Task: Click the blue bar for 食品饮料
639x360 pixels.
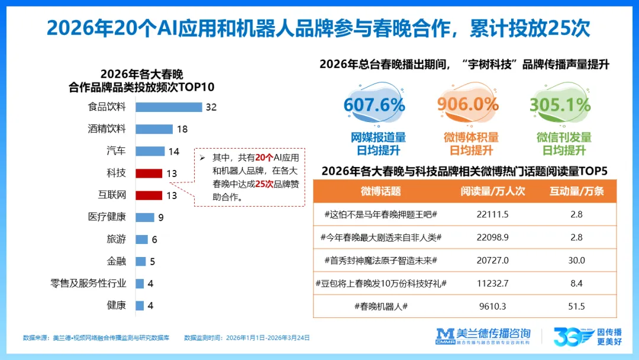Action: (169, 107)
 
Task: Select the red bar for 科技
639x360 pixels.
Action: (149, 173)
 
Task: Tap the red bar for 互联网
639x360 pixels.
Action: (149, 195)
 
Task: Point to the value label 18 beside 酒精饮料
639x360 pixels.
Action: (182, 129)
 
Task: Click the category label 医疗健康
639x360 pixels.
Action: (106, 217)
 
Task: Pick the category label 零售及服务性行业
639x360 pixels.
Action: (88, 283)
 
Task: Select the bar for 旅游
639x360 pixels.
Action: (141, 239)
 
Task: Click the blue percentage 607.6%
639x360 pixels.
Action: (374, 105)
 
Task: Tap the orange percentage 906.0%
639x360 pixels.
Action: (468, 105)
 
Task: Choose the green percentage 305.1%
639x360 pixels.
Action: (560, 105)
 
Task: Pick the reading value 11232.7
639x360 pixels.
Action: (492, 283)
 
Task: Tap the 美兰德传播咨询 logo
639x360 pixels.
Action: (483, 336)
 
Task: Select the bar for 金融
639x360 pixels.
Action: (141, 261)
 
